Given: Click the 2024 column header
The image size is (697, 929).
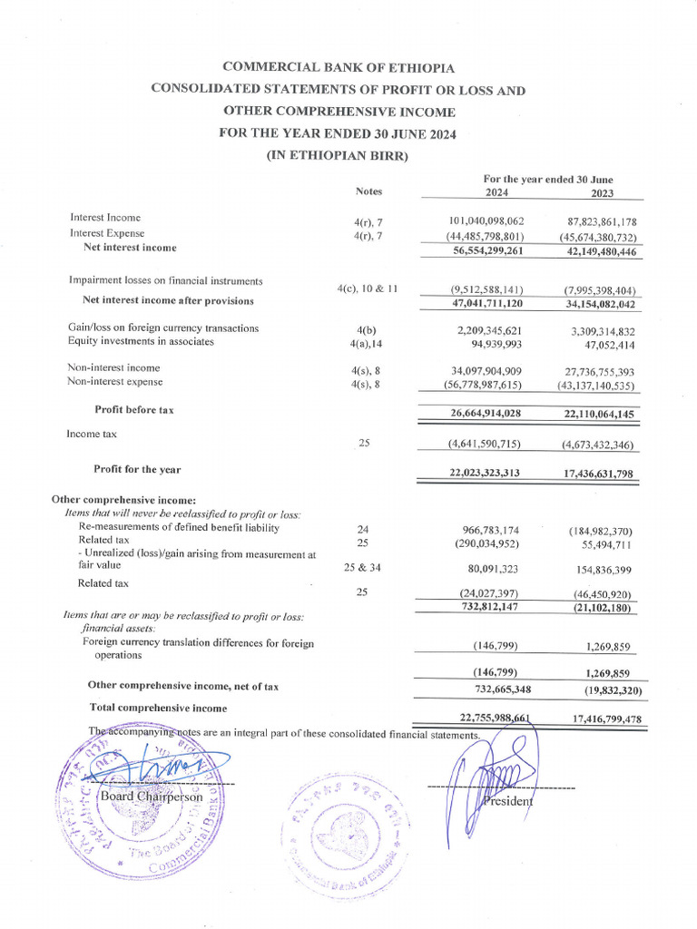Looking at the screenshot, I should (x=496, y=192).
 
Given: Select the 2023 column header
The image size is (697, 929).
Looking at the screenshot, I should (x=602, y=192).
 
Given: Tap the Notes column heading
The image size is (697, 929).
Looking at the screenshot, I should (x=369, y=191).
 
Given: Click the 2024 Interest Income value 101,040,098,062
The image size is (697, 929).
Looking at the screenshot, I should (x=486, y=221).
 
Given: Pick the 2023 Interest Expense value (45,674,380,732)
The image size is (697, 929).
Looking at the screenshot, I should (x=598, y=237).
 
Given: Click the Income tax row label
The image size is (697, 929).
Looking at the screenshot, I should (x=92, y=435).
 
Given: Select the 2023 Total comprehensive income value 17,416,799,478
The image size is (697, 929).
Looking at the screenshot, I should (x=595, y=719).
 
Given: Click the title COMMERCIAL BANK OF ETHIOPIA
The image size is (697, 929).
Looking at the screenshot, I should (x=339, y=67).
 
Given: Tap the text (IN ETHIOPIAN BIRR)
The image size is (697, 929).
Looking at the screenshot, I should (x=338, y=155).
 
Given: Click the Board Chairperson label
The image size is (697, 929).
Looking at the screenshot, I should (x=152, y=796).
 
